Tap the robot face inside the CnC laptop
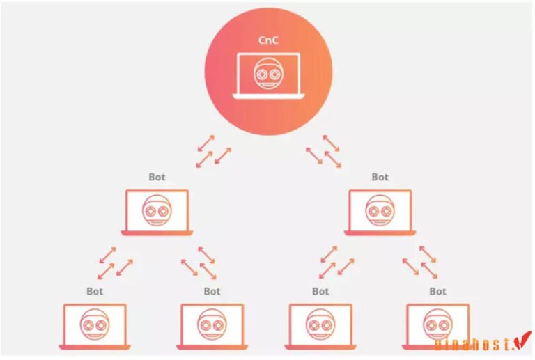coord(268,73)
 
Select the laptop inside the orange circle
coord(268,75)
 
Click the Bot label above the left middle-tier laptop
coord(157,177)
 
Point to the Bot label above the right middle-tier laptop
coord(380,177)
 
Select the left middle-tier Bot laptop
coord(157,212)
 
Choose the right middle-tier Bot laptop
coord(380,212)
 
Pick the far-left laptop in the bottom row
coord(95,325)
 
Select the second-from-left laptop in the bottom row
coord(211,325)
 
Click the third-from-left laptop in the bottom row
coord(320,325)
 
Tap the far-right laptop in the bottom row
coord(437,325)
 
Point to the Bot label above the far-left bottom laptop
coord(95,291)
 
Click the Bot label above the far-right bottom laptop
coord(437,291)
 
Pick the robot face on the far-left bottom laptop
coord(95,322)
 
